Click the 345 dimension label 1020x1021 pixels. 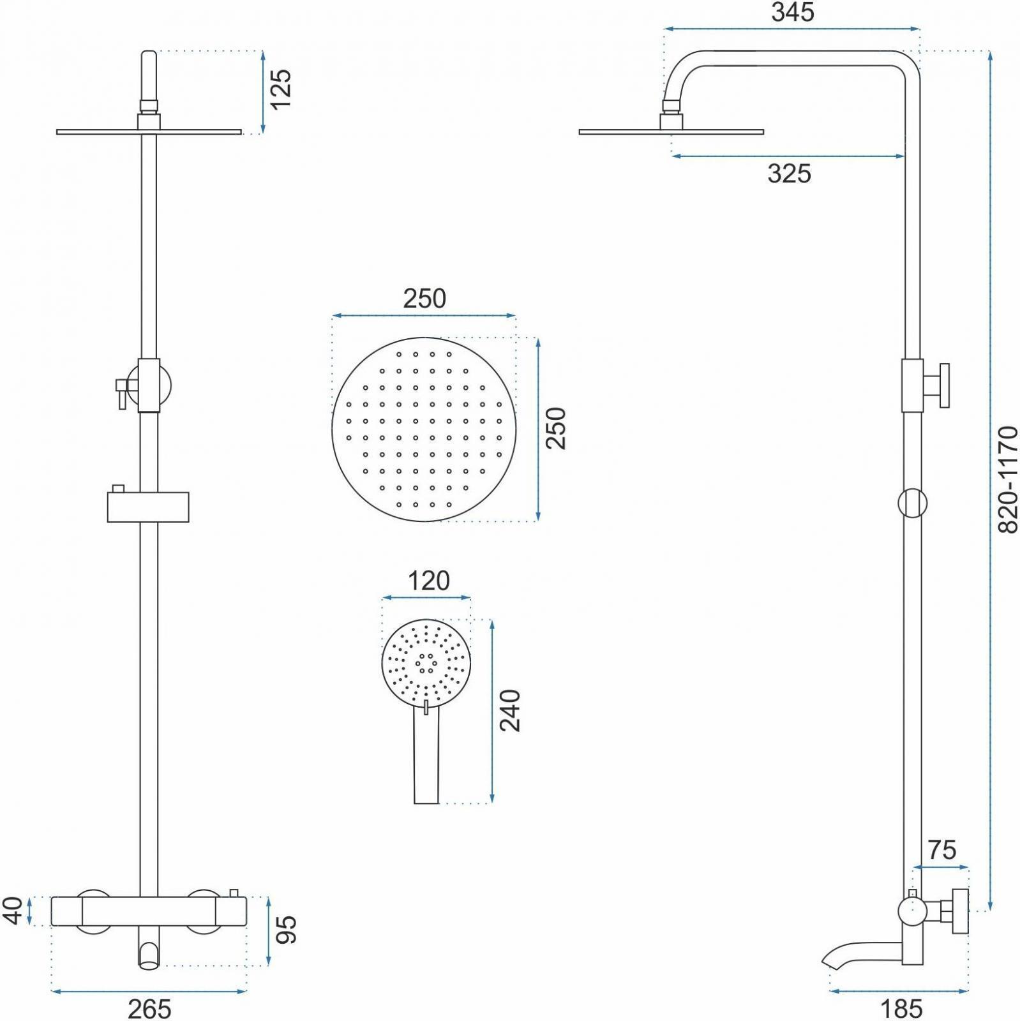coord(792,12)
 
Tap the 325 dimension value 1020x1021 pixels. coord(789,174)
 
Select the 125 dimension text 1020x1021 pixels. coord(280,89)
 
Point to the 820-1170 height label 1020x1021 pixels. coord(1008,479)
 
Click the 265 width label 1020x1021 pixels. coord(149,1009)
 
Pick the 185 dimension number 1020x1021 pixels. coord(901,1009)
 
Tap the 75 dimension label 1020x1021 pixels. coord(942,850)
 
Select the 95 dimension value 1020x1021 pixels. coord(287,929)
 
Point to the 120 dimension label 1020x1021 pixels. coord(428,581)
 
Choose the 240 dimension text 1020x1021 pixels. coord(511,710)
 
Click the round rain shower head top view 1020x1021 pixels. coord(423,429)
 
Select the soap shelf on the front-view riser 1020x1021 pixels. coord(148,507)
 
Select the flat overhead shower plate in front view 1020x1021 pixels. coord(149,132)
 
